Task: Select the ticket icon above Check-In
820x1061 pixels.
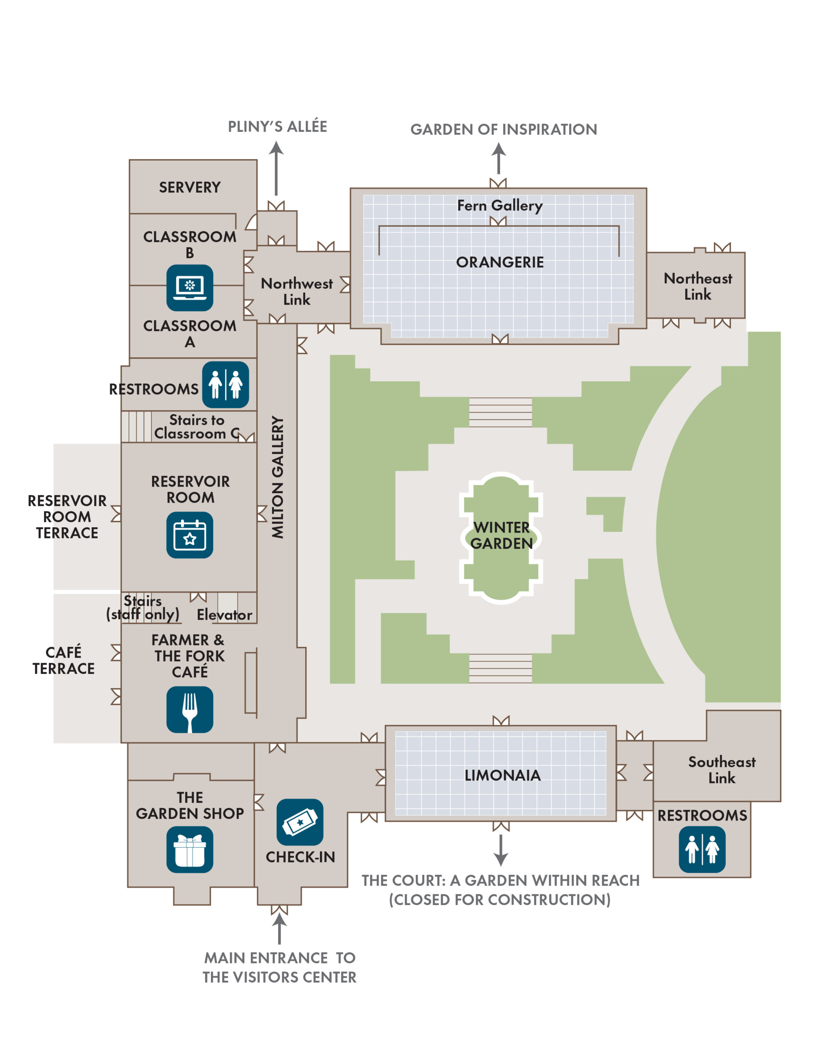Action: pos(300,822)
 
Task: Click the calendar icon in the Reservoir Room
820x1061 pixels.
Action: pos(189,535)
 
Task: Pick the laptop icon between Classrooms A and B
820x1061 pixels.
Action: pos(189,288)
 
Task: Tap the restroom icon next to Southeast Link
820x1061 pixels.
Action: pos(702,849)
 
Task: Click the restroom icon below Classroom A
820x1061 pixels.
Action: pos(226,384)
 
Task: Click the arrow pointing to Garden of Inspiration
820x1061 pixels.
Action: pos(498,158)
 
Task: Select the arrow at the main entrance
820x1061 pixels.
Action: pos(279,928)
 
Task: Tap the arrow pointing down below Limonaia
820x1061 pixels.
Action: pos(501,850)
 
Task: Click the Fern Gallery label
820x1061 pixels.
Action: pos(500,206)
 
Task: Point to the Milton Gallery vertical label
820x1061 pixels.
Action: pos(277,477)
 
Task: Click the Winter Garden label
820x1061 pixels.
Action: pos(501,535)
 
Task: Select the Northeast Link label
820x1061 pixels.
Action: pos(698,286)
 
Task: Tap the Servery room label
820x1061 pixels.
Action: pos(189,187)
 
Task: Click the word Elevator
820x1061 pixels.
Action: pos(224,615)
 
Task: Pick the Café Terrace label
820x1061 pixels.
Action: pos(64,660)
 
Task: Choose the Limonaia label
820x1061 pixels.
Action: pos(502,775)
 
